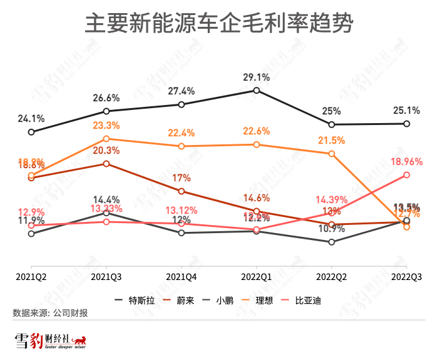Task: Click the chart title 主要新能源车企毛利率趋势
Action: coord(219,25)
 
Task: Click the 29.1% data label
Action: coord(257,78)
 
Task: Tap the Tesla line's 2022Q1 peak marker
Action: coord(257,91)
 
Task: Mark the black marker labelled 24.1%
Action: coord(31,132)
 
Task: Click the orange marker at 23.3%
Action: coord(106,139)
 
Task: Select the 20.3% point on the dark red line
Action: coord(106,164)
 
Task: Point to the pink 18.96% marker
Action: coord(407,175)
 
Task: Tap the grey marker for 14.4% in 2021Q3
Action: coord(106,213)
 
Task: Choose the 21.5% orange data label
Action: coord(332,140)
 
